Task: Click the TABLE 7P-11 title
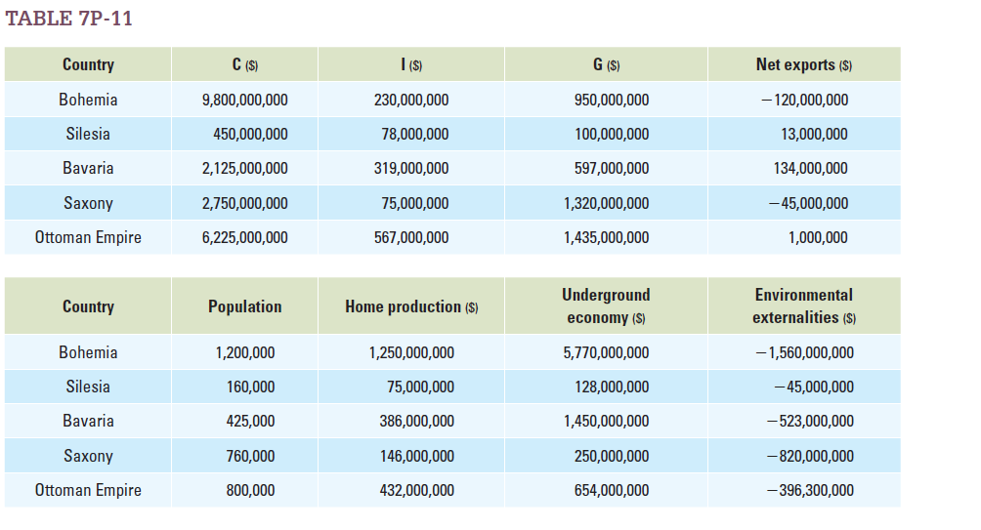(x=68, y=19)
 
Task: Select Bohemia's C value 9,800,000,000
(x=244, y=100)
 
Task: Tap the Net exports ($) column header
(x=803, y=65)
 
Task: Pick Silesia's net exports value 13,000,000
(x=814, y=134)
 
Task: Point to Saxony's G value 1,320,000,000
(x=606, y=203)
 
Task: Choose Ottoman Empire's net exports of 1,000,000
(x=818, y=237)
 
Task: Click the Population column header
(x=244, y=306)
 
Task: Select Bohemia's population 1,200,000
(x=244, y=352)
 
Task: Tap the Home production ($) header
(x=410, y=306)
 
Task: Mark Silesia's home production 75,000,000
(x=420, y=387)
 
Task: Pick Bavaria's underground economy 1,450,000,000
(x=606, y=421)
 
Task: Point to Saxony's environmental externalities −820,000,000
(x=810, y=456)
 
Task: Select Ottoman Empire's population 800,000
(x=250, y=490)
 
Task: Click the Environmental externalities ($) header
(x=803, y=306)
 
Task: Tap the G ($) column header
(x=606, y=65)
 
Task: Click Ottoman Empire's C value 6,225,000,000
(x=244, y=237)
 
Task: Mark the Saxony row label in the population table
(x=88, y=456)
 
